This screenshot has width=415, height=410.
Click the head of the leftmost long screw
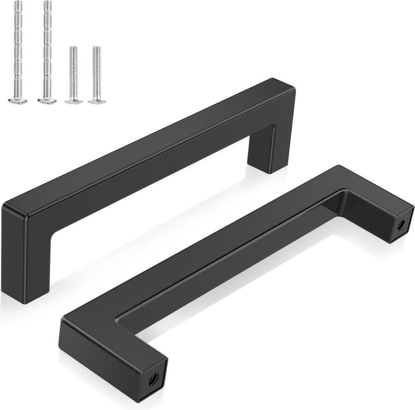coord(18,100)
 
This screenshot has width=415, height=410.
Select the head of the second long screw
coord(47,100)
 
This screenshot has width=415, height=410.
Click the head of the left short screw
coord(74,101)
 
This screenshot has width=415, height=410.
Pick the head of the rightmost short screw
coord(97,101)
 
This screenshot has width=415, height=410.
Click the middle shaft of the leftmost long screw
coord(18,51)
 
